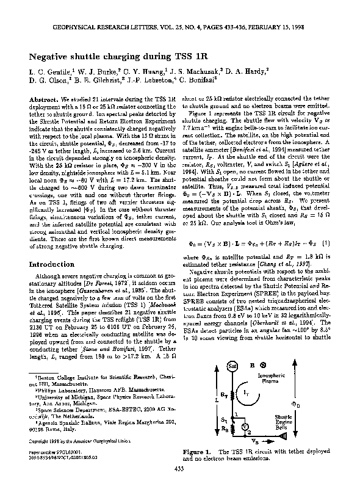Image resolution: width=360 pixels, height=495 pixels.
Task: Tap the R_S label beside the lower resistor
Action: [225, 428]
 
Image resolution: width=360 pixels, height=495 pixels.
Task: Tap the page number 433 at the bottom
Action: [179, 469]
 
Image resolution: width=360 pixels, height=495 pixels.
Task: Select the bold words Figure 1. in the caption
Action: [198, 450]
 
